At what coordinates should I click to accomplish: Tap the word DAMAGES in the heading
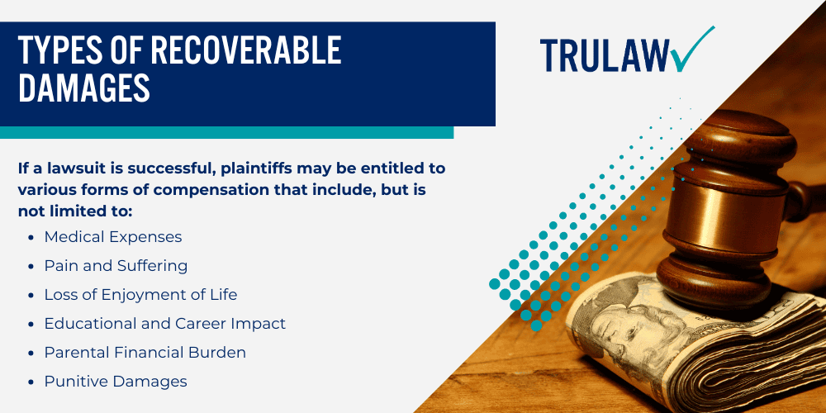tap(84, 88)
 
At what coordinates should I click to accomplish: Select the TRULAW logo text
tap(605, 55)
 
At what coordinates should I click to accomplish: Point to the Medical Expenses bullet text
tap(112, 237)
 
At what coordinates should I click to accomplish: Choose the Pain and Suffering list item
tap(116, 266)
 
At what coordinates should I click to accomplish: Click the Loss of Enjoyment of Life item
tap(140, 295)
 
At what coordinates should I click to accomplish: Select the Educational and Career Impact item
tap(165, 324)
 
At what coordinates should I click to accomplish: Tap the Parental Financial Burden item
tap(145, 353)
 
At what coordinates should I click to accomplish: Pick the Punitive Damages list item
tap(116, 381)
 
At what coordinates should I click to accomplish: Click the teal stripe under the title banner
tap(226, 132)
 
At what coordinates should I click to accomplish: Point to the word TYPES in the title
tap(55, 50)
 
